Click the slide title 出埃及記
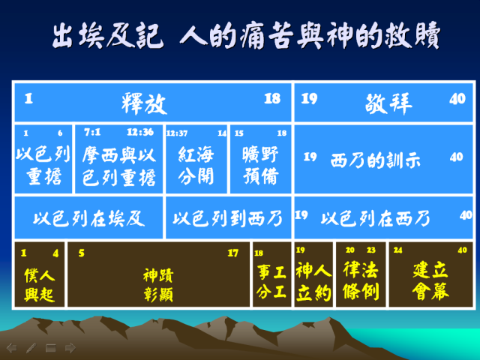[106, 35]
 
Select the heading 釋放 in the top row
[144, 103]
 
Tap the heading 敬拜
[388, 103]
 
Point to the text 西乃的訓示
[376, 160]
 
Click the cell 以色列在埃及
[88, 218]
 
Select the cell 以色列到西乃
[228, 218]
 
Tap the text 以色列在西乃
[376, 218]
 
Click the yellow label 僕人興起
[40, 285]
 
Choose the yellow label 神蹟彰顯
[158, 285]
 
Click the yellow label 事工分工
[271, 281]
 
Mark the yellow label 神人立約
[313, 281]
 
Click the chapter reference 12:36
[140, 132]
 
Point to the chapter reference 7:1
[92, 132]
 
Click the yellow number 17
[232, 253]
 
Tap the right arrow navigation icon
[70, 348]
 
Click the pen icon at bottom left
[31, 348]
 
